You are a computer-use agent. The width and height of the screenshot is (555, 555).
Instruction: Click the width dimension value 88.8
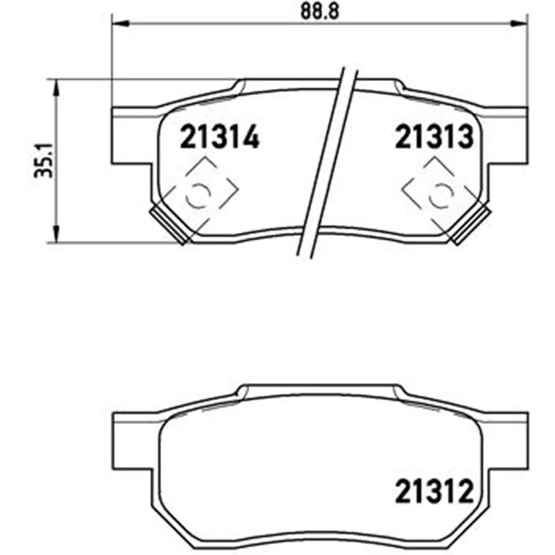pos(319,11)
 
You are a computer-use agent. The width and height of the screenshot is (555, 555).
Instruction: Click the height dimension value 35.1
pos(44,160)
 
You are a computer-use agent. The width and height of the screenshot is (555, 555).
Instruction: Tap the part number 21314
pos(220,137)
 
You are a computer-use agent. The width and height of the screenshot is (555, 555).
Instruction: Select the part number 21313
pos(434,137)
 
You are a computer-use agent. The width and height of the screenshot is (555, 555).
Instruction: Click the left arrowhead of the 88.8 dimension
pos(119,24)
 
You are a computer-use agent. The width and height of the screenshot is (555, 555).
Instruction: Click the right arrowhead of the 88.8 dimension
pos(519,24)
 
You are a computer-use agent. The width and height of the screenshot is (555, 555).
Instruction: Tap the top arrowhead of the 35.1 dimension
pos(55,88)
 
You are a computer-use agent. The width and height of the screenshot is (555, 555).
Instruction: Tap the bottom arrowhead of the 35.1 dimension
pos(55,234)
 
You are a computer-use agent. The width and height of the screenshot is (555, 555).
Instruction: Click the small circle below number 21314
pos(198,195)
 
